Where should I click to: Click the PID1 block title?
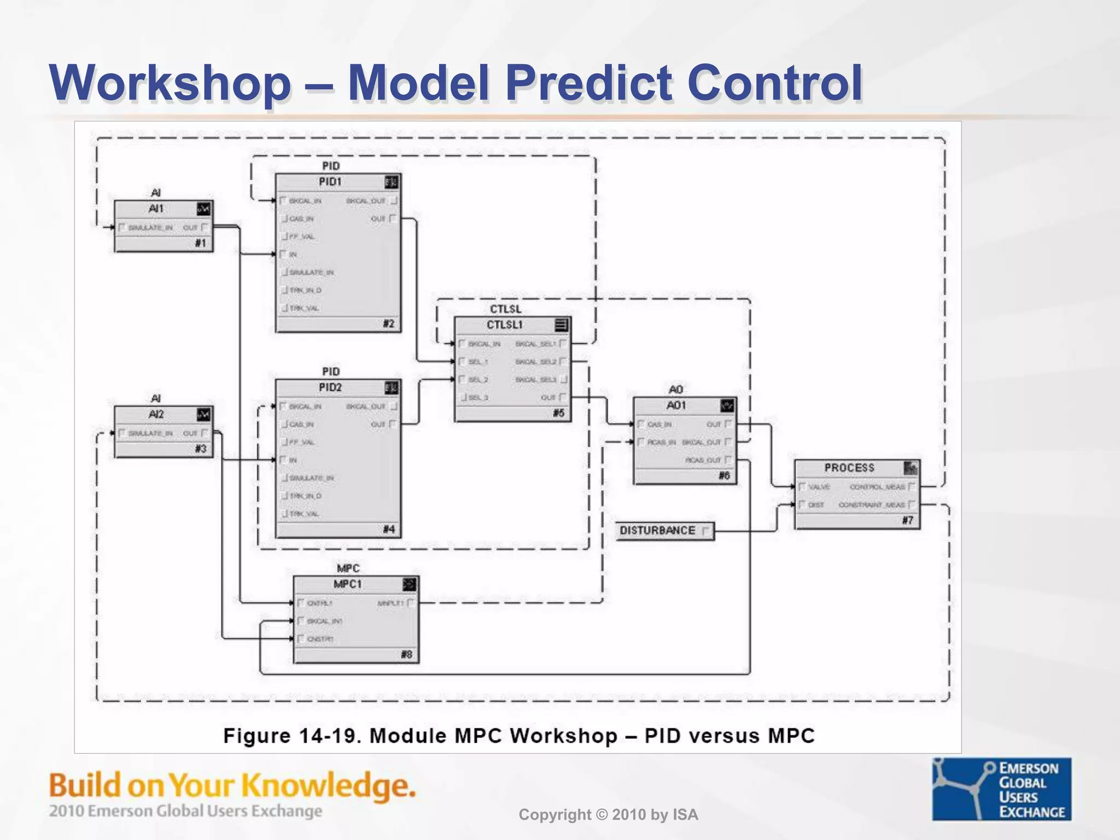coord(330,182)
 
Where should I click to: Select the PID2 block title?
coord(330,388)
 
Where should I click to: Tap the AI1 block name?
coord(156,209)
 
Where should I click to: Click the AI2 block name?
coord(156,415)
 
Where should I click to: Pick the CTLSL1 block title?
coord(504,325)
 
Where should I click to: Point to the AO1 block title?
coord(676,406)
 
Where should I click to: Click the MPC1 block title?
coord(347,585)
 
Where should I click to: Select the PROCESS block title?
coord(849,468)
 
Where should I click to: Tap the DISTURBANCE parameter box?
coord(664,531)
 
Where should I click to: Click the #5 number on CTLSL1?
coord(558,413)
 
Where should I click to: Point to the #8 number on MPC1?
coord(406,655)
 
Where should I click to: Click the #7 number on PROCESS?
coord(907,521)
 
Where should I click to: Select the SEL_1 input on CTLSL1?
coord(477,362)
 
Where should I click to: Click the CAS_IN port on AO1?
coord(659,424)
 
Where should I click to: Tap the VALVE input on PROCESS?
coord(819,487)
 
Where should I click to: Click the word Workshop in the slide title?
coord(170,83)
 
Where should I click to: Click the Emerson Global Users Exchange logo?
coord(1001,789)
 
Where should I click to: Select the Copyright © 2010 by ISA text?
coord(608,815)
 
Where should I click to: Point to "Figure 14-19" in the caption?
coord(291,736)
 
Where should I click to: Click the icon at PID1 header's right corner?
coord(391,182)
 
